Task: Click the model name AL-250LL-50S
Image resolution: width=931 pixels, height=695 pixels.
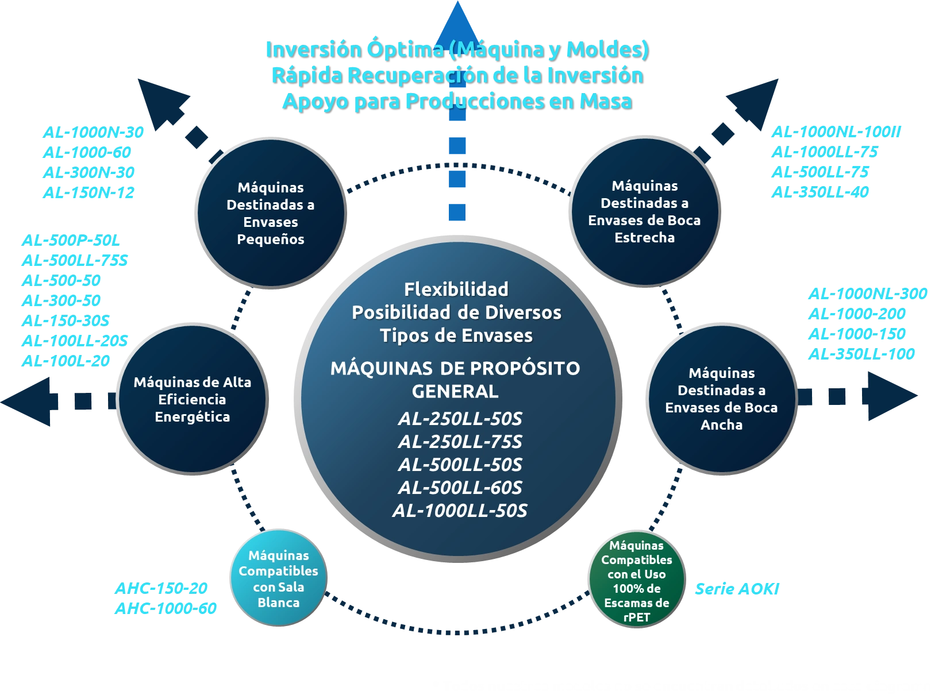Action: pos(460,419)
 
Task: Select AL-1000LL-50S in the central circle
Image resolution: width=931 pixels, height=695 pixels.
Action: pos(460,511)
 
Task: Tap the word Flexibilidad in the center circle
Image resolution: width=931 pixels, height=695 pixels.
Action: pos(456,289)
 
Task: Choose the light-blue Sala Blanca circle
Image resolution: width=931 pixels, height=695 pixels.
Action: pos(279,578)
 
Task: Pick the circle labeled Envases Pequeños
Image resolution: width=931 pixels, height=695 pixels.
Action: pos(271,213)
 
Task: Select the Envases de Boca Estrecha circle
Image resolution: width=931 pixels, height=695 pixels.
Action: pos(644,211)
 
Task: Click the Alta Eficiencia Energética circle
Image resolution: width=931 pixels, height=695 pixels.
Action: pos(193,399)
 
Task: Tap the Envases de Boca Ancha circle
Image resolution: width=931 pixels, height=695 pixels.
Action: pos(721,399)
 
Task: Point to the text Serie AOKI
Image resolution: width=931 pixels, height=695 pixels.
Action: pos(737,589)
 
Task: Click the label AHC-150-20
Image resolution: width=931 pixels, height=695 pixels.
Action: pos(160,588)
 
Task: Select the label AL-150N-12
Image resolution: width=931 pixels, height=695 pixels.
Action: pos(88,192)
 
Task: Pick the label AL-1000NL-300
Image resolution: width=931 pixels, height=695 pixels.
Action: pos(867,294)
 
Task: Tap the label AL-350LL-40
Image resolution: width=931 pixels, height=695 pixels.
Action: pos(819,191)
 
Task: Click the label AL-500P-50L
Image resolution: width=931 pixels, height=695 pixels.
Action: pos(71,241)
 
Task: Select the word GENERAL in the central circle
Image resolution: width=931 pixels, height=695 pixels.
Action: pos(455,391)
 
